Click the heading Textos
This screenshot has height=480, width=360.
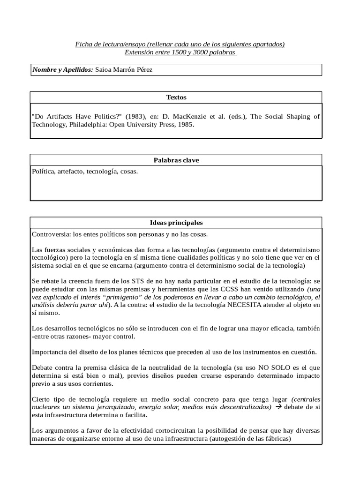[176, 97]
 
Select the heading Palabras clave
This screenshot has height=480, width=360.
[176, 160]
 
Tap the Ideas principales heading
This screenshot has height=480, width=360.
[176, 223]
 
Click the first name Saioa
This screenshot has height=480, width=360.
[105, 70]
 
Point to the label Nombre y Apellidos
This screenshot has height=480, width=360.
[62, 70]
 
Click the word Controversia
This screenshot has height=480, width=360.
[50, 234]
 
